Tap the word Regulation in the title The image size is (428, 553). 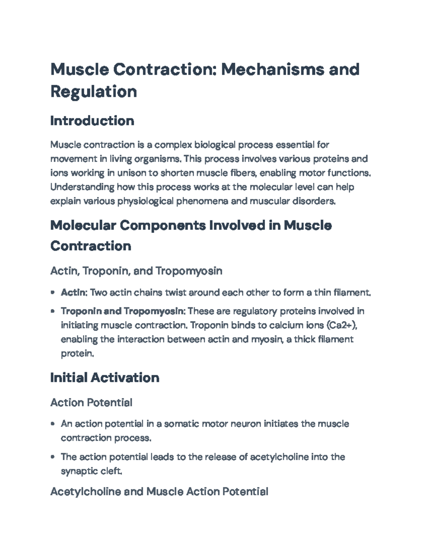coord(93,92)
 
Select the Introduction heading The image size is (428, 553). coord(92,121)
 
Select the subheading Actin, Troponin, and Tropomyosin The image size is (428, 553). coord(136,271)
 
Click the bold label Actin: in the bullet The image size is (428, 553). coord(74,293)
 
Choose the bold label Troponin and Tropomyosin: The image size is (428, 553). coord(123,311)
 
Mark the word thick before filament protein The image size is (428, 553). coord(306,339)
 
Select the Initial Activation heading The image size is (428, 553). coord(105,377)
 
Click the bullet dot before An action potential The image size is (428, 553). coord(53,424)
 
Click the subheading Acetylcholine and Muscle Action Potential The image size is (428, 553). coord(159,492)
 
